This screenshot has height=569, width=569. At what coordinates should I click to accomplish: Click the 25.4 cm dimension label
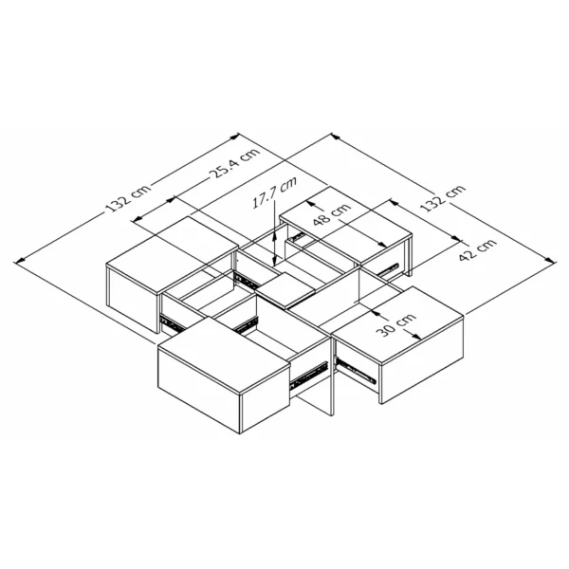pyautogui.click(x=235, y=162)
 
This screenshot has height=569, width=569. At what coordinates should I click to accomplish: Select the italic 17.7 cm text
pyautogui.click(x=275, y=192)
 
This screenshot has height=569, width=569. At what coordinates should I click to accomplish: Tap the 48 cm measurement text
pyautogui.click(x=332, y=214)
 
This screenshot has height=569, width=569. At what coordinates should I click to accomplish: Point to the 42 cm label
pyautogui.click(x=477, y=249)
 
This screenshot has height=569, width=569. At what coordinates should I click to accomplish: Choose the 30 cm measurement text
pyautogui.click(x=395, y=324)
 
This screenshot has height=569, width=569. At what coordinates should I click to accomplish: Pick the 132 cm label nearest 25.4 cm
pyautogui.click(x=128, y=198)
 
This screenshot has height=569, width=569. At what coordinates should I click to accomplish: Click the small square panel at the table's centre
pyautogui.click(x=286, y=289)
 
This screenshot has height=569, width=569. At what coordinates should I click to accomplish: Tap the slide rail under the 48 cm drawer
pyautogui.click(x=388, y=269)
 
